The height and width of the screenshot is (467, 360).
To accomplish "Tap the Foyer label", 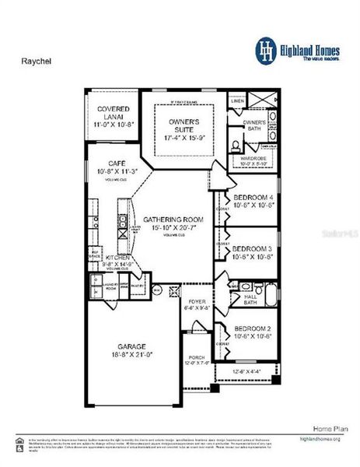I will point(192,303).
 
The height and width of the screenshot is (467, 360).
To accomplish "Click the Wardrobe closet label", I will point(253,160).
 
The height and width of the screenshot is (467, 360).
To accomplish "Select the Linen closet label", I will point(236,101).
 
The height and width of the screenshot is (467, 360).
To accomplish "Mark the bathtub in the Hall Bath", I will point(271,294).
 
